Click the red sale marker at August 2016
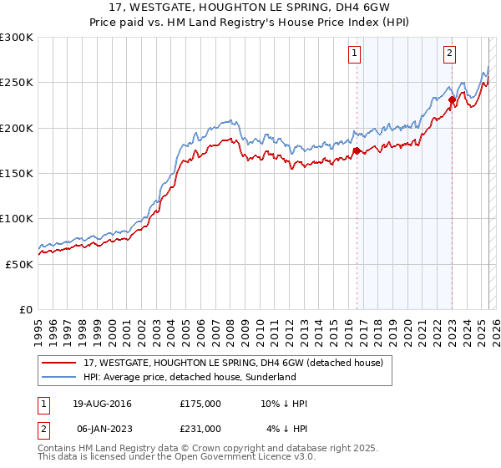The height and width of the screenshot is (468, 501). point(357,150)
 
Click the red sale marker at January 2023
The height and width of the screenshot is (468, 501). point(452,100)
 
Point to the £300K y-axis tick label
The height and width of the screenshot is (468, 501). point(16,38)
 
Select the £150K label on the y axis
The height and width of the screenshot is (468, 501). point(16,173)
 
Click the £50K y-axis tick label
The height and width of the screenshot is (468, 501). point(19,263)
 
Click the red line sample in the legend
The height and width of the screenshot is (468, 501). point(59,364)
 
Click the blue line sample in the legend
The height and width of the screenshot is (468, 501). point(59,378)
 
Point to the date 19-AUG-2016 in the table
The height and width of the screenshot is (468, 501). point(102,404)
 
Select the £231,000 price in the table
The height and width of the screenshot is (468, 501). point(200,429)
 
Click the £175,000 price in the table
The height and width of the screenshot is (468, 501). point(200,404)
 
